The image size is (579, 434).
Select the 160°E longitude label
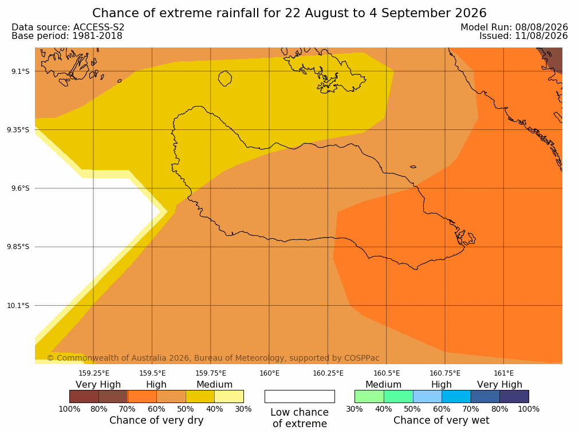(270, 373)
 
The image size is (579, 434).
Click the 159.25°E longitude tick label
(94, 373)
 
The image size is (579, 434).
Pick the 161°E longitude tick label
(503, 373)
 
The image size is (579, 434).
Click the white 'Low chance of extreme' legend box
(300, 396)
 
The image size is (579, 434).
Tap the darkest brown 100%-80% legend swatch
(84, 396)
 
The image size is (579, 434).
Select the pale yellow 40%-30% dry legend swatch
(229, 396)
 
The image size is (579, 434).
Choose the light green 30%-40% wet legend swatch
(369, 396)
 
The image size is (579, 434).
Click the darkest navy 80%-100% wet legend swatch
(514, 396)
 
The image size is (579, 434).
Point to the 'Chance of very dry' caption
(156, 420)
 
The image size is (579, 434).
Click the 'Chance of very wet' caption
(442, 420)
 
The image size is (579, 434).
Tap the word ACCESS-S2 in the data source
(99, 27)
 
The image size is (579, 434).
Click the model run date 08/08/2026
(541, 27)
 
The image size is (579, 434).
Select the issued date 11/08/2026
(541, 36)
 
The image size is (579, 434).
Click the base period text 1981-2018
(97, 36)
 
